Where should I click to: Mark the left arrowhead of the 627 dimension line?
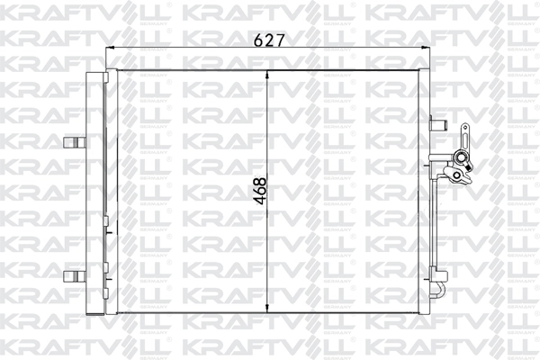pos(111,52)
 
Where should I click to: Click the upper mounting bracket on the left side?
pos(73,141)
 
